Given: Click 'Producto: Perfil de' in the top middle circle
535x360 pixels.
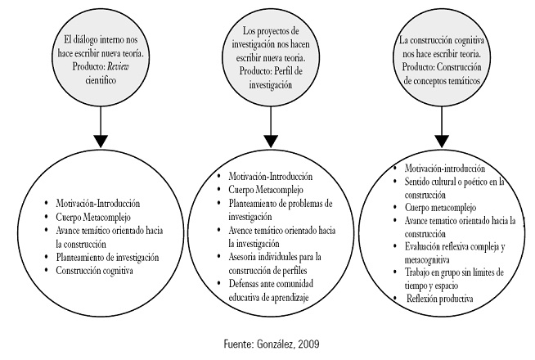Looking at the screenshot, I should pyautogui.click(x=269, y=70).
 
